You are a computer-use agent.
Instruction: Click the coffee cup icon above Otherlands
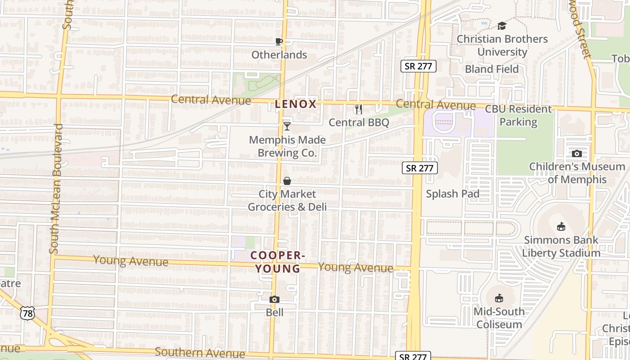[x=279, y=41]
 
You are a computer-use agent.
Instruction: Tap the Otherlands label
[x=279, y=55]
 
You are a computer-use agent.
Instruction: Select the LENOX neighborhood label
[x=296, y=104]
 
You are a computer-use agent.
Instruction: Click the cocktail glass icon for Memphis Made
[x=287, y=126]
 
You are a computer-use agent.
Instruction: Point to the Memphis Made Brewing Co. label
[x=287, y=146]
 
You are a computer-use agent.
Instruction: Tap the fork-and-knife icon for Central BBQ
[x=358, y=109]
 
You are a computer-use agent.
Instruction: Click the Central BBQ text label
[x=359, y=122]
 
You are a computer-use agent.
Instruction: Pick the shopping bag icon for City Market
[x=287, y=181]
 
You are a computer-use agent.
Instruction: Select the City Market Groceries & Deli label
[x=287, y=200]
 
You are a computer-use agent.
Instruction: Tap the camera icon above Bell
[x=274, y=299]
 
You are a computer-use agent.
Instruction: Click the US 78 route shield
[x=27, y=313]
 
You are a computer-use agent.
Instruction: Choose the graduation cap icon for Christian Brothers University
[x=502, y=26]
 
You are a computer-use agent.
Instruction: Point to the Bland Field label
[x=492, y=69]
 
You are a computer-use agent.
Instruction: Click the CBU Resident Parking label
[x=518, y=115]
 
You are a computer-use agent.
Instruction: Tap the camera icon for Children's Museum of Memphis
[x=577, y=153]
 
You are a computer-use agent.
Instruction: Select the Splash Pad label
[x=452, y=194]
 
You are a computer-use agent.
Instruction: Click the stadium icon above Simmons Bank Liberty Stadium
[x=561, y=226]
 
